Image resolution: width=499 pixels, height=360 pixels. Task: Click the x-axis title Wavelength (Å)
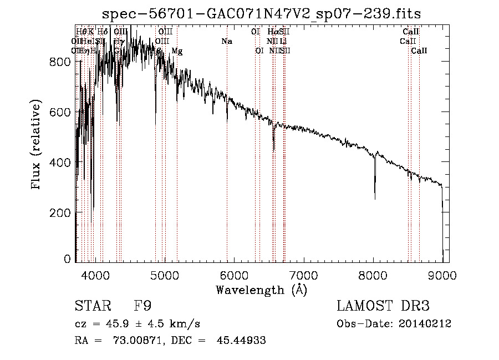click(x=262, y=290)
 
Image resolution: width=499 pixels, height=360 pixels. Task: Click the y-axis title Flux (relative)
click(x=37, y=145)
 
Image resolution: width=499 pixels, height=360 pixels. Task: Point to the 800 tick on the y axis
click(x=62, y=62)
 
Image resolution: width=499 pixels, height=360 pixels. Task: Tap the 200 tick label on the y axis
click(x=62, y=212)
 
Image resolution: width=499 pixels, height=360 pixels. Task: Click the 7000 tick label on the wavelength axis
click(x=303, y=275)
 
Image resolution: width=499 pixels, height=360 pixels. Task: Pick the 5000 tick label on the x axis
click(x=164, y=275)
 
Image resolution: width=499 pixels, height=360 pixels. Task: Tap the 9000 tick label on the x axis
click(x=442, y=275)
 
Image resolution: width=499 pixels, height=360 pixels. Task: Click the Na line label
click(x=226, y=41)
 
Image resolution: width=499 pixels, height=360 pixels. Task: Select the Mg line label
click(x=177, y=51)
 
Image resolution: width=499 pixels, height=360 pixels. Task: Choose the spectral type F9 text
click(x=142, y=306)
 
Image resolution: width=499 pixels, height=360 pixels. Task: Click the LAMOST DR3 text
click(x=383, y=306)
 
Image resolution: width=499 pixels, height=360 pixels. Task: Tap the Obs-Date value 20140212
click(x=425, y=324)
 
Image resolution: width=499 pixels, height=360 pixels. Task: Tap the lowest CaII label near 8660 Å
click(x=419, y=51)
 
